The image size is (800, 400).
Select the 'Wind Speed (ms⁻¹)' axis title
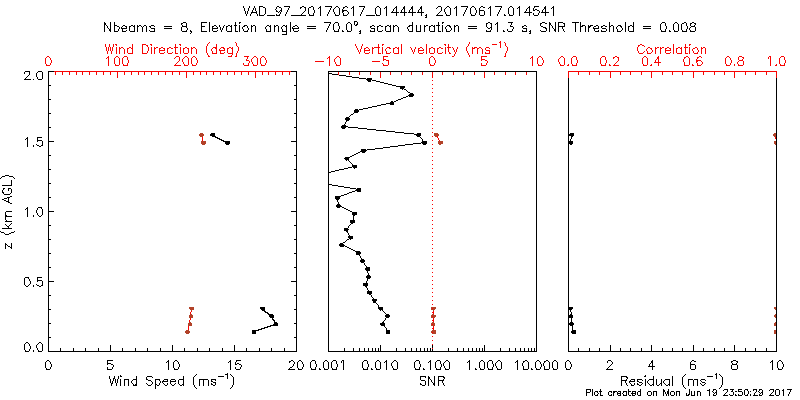point(170,381)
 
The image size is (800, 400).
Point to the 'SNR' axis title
point(432,381)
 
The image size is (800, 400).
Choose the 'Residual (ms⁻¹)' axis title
point(672,381)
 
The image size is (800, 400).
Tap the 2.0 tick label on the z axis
point(32,75)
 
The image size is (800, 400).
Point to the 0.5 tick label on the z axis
point(32,280)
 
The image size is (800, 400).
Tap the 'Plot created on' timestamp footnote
point(688,392)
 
